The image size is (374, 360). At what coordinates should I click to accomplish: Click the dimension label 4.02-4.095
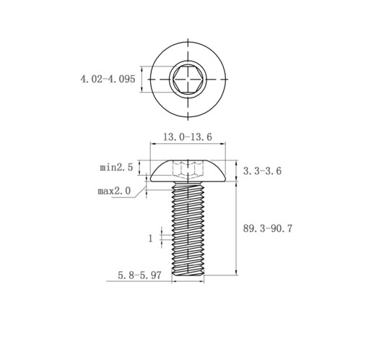108,79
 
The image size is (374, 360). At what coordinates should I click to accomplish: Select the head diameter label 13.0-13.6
188,137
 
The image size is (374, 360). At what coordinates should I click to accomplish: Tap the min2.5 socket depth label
116,167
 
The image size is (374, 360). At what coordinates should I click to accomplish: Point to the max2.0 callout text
114,191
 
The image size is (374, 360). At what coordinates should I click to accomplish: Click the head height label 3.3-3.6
262,171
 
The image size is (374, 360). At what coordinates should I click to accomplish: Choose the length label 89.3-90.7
268,228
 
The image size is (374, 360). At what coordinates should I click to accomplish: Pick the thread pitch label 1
151,239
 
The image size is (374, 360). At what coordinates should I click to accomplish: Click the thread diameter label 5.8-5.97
139,275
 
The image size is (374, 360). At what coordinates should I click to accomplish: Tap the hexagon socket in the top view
188,79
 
